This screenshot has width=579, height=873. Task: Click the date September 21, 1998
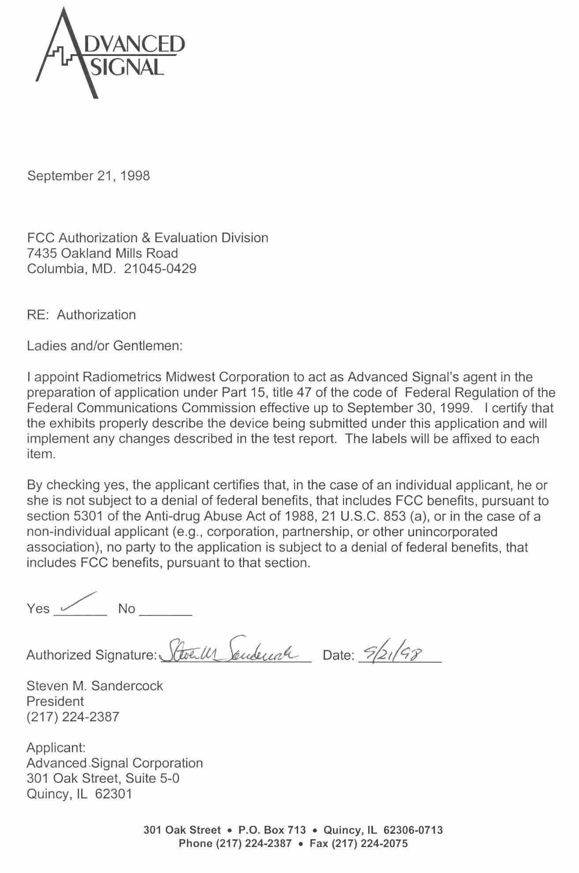(x=88, y=176)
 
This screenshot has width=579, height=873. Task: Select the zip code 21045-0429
(x=160, y=269)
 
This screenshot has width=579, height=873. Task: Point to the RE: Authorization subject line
(x=81, y=315)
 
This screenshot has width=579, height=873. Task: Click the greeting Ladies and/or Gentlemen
(x=105, y=346)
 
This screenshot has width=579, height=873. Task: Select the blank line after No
(x=165, y=613)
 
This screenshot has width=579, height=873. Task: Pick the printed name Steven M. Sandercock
(x=94, y=686)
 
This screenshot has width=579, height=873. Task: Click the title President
(x=55, y=701)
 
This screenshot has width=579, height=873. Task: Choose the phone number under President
(x=73, y=716)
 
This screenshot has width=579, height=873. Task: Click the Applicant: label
(x=56, y=747)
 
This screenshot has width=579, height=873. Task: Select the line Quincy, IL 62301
(x=79, y=794)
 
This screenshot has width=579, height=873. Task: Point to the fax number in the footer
(x=359, y=843)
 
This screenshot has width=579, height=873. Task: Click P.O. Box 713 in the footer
(x=272, y=830)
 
